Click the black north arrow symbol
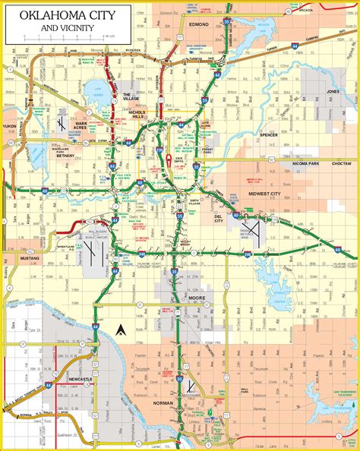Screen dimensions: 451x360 (120, 330)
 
